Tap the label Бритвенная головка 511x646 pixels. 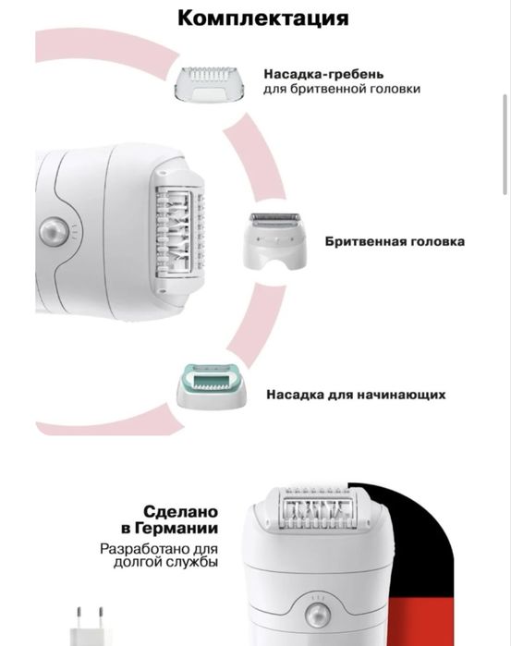(x=395, y=241)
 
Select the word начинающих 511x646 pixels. (x=405, y=394)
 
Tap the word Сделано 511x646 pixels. (x=180, y=511)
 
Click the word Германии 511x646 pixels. (x=188, y=529)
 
